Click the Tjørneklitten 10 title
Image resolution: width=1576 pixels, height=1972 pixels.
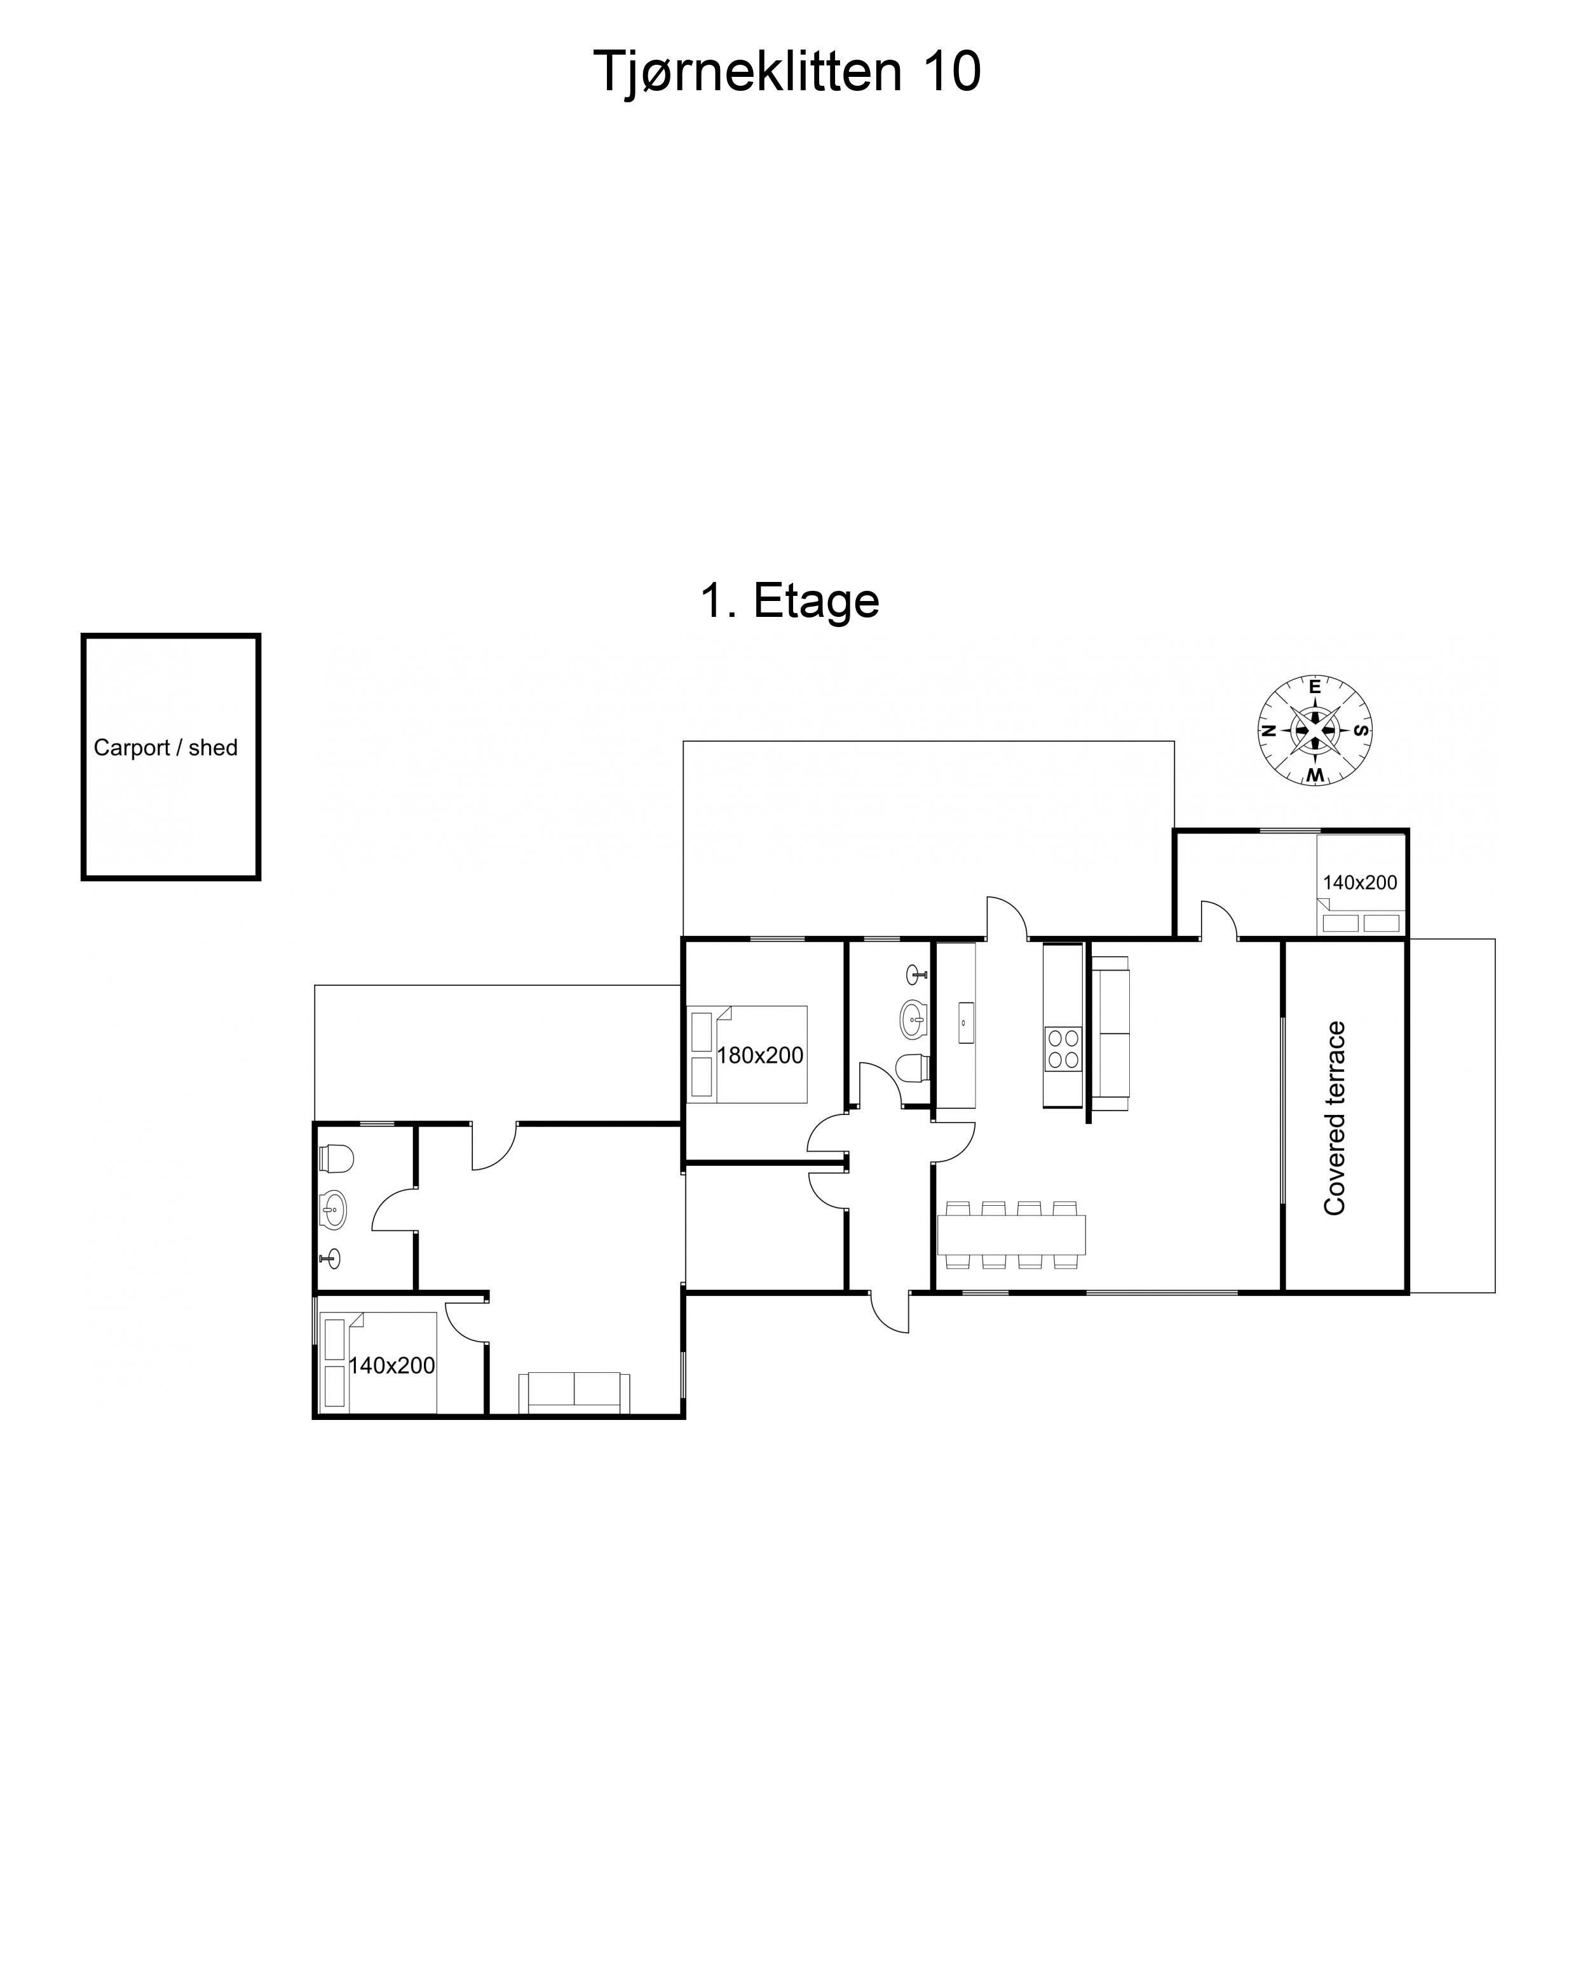click(x=787, y=71)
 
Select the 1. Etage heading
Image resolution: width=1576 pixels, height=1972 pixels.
click(x=789, y=601)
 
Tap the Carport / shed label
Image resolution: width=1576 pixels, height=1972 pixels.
click(x=166, y=748)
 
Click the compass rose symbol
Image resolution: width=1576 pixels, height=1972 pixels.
click(x=1314, y=731)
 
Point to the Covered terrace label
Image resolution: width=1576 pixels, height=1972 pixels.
click(x=1335, y=1118)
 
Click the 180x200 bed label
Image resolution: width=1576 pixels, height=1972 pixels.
click(x=759, y=1055)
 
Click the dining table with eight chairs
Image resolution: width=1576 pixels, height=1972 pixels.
click(x=1012, y=1235)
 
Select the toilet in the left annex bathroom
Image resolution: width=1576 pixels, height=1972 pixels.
click(x=336, y=1158)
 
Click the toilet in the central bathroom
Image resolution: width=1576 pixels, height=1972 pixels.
click(x=913, y=1067)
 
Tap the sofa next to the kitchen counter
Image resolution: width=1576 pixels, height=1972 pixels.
click(x=1110, y=1034)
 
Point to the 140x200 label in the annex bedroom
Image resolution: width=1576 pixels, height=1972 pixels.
click(x=391, y=1365)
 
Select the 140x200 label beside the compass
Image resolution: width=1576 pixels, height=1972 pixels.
click(x=1360, y=882)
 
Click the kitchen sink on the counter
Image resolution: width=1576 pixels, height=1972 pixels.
click(x=966, y=1023)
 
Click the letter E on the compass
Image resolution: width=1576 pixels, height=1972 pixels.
click(x=1314, y=687)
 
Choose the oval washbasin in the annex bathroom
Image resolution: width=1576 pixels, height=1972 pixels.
click(x=334, y=1211)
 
